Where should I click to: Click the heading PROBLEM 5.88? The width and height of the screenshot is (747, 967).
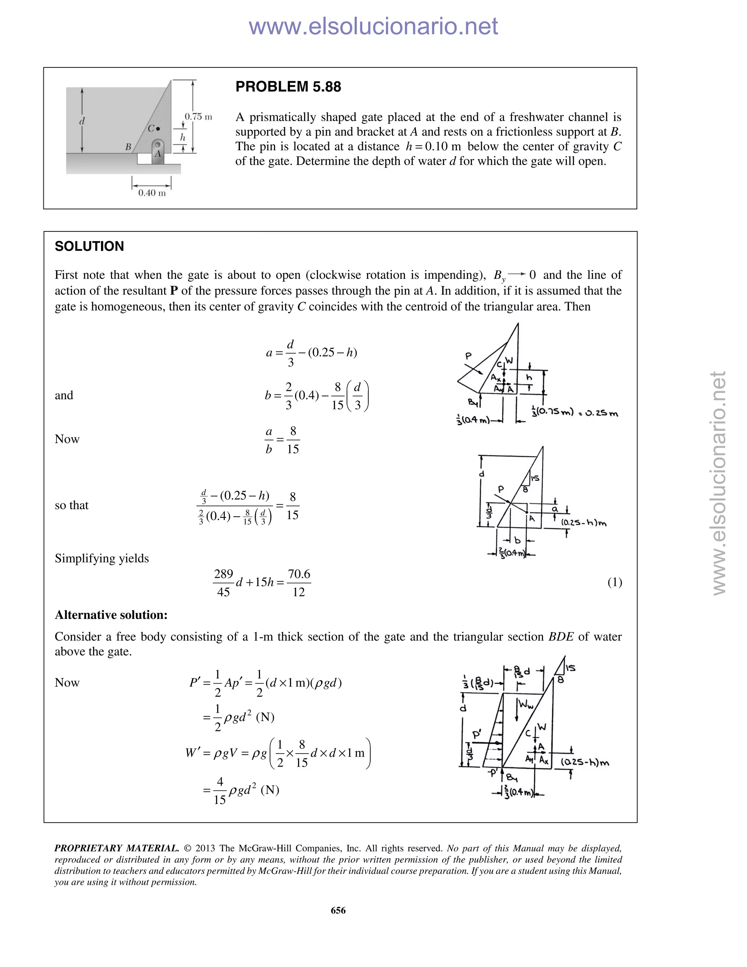pos(288,87)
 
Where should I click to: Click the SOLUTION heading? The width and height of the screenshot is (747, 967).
pos(89,247)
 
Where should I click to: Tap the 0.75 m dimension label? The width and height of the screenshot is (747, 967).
pos(198,117)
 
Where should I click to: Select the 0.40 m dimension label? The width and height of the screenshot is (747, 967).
pos(152,193)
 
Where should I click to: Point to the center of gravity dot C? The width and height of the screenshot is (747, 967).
pos(158,129)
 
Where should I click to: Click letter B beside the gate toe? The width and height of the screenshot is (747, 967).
pos(128,147)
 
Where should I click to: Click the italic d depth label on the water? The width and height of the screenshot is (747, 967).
pos(82,121)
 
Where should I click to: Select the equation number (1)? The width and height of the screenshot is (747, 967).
pos(615,582)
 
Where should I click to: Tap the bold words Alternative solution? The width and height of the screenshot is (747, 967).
pos(111,615)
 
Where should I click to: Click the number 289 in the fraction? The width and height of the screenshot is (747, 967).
pos(224,574)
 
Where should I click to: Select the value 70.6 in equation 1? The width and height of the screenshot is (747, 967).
pos(299,574)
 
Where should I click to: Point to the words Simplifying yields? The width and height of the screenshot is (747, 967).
pos(102,558)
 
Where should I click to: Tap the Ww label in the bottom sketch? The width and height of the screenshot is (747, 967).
pos(526,704)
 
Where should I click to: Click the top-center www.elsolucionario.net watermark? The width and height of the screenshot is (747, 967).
pos(373,26)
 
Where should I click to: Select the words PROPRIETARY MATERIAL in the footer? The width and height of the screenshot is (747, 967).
pos(116,848)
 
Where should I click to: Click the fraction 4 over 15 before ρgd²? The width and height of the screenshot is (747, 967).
pos(220,790)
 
